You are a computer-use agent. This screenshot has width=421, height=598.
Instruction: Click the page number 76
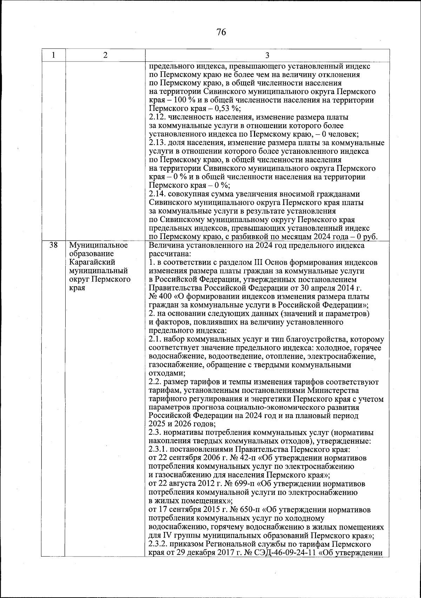(x=221, y=33)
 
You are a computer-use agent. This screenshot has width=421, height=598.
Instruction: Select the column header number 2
(x=105, y=55)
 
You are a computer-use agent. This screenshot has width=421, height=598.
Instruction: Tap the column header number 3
(x=267, y=55)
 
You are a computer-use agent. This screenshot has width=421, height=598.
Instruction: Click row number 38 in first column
(x=53, y=245)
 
